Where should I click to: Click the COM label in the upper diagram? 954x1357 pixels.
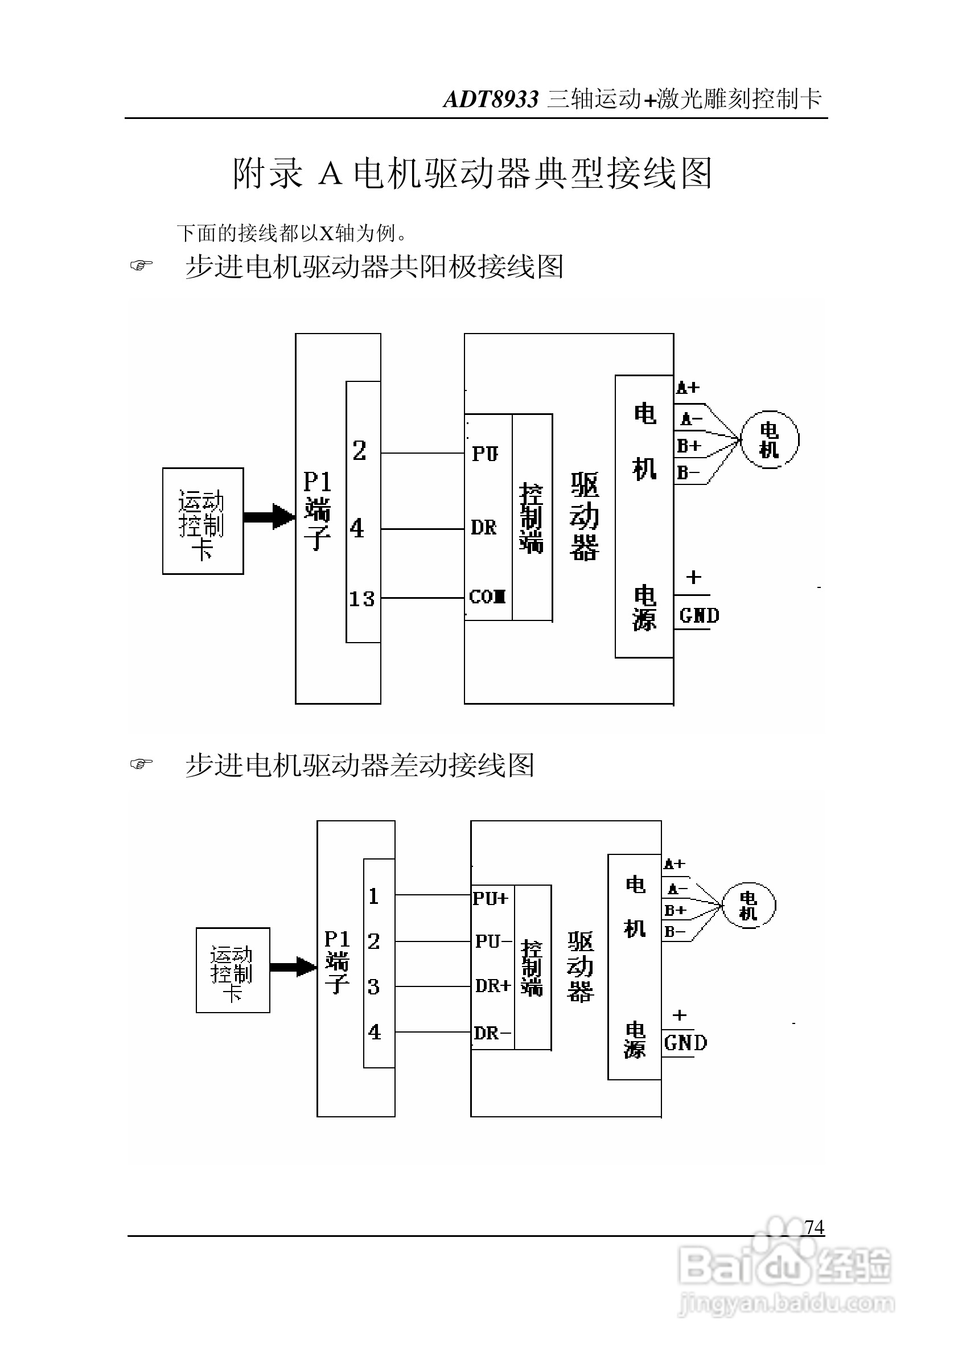click(487, 597)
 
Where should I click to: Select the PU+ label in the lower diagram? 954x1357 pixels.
click(490, 898)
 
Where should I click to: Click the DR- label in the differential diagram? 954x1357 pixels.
click(492, 1033)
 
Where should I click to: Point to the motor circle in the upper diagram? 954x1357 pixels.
click(769, 440)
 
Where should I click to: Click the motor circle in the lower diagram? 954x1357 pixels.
click(749, 906)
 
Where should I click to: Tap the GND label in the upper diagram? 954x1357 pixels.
click(699, 616)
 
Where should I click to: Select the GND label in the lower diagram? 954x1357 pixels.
click(685, 1043)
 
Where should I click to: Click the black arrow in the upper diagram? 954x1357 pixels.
click(269, 516)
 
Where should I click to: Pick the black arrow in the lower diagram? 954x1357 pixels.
click(293, 967)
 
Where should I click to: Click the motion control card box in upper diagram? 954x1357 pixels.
click(203, 521)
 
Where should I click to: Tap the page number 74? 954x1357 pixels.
click(814, 1227)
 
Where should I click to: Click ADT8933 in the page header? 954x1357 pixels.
click(491, 99)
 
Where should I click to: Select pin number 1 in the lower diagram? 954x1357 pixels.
click(373, 897)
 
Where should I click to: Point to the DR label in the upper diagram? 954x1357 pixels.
click(483, 527)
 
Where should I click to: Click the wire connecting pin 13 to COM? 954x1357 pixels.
click(422, 598)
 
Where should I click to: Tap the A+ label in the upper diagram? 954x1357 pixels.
click(688, 388)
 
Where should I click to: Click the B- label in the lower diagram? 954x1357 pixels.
click(675, 932)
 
